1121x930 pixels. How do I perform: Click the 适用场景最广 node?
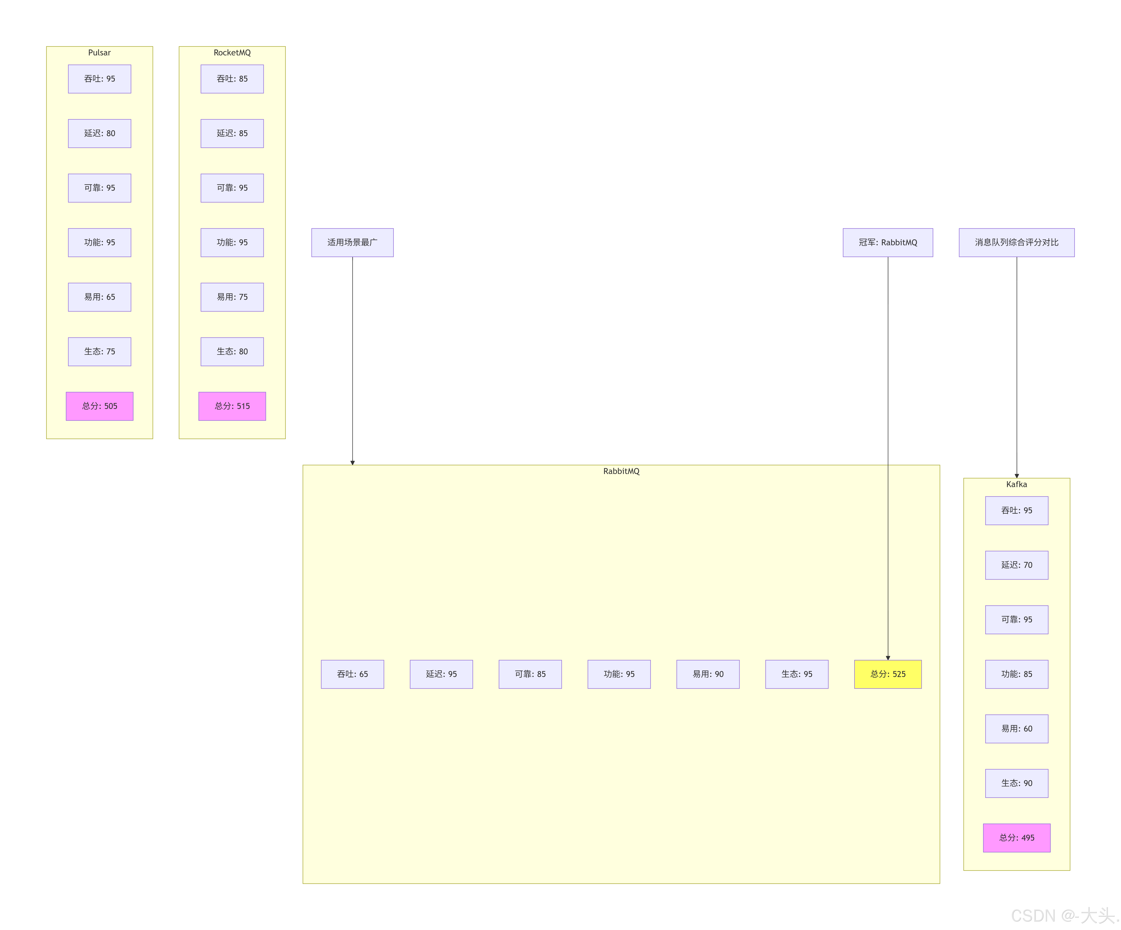(x=352, y=242)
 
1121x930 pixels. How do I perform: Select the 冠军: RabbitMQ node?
(x=888, y=242)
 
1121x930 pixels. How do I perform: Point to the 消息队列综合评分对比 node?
(x=1016, y=242)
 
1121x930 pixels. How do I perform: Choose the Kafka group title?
(x=1016, y=484)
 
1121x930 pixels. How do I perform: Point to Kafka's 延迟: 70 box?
(x=1016, y=565)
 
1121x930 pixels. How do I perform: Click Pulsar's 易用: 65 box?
(x=99, y=297)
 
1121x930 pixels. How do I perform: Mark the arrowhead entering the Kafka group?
(x=1016, y=476)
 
